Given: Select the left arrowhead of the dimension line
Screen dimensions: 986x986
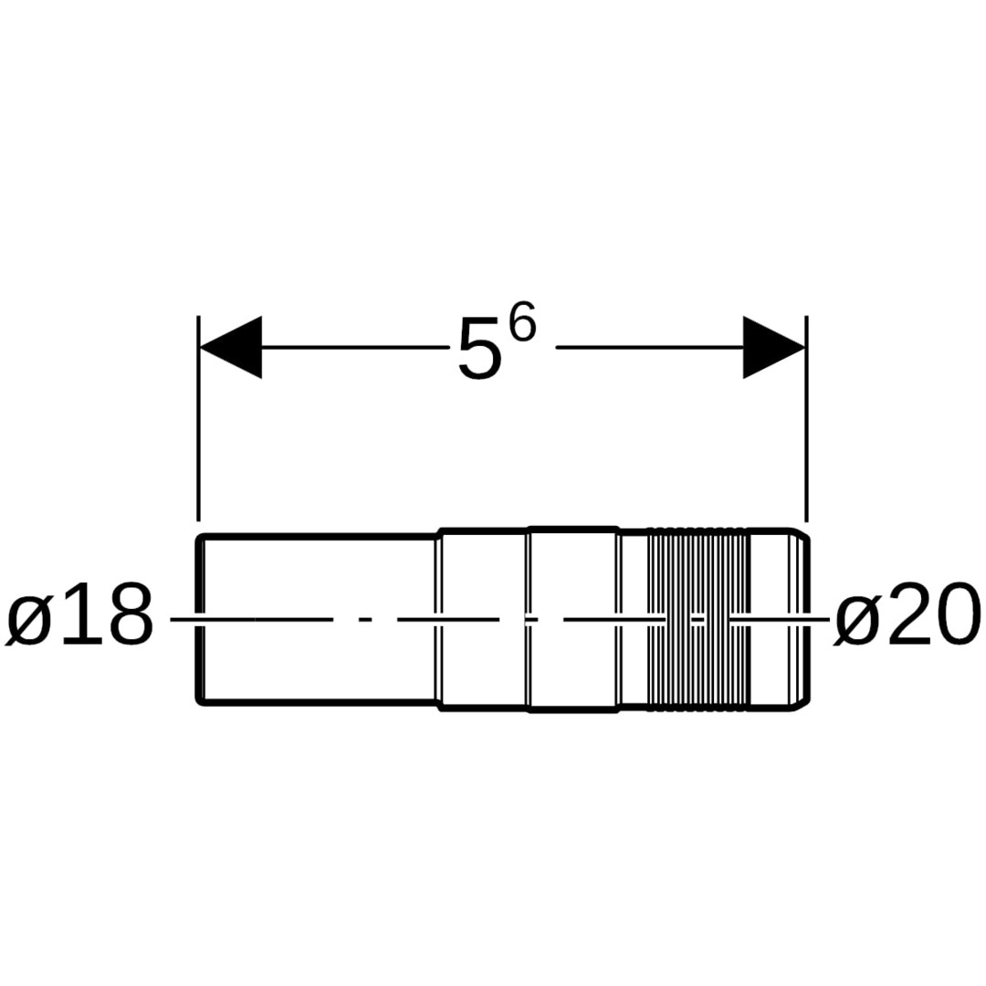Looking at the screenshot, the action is coord(230,347).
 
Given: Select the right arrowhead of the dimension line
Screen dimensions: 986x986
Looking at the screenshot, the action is coord(774,347).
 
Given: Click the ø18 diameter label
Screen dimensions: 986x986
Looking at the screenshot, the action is coord(79,614).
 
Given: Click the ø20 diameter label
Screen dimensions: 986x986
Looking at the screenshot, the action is coord(907,614).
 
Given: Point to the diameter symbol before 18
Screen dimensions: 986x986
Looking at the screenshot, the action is coord(29,619).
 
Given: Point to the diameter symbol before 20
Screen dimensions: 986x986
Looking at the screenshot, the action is coord(855,619).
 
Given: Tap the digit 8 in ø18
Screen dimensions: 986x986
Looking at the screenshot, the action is coord(130,614).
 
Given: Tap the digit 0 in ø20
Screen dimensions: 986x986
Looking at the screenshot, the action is coord(957,614).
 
